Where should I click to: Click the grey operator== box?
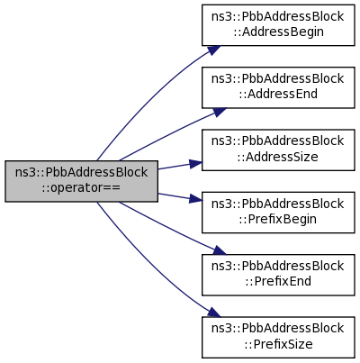[x=81, y=181]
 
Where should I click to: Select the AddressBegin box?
[x=278, y=25]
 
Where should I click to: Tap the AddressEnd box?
[x=278, y=87]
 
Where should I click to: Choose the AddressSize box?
[x=278, y=150]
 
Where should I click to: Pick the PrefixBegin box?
[x=278, y=213]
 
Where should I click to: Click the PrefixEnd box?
[x=278, y=275]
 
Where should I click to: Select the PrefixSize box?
[x=278, y=338]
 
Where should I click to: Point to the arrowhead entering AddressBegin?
[x=214, y=50]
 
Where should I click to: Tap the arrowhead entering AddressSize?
[x=196, y=163]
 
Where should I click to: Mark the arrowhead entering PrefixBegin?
[x=196, y=199]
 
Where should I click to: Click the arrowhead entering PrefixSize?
[x=214, y=313]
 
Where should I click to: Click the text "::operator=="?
[x=81, y=188]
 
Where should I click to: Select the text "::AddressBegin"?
[x=278, y=32]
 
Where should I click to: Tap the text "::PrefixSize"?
[x=278, y=344]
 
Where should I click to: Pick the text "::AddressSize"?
[x=277, y=157]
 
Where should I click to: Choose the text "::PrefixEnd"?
[x=278, y=282]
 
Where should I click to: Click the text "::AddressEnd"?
[x=278, y=95]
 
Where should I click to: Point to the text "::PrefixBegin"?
[x=278, y=219]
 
